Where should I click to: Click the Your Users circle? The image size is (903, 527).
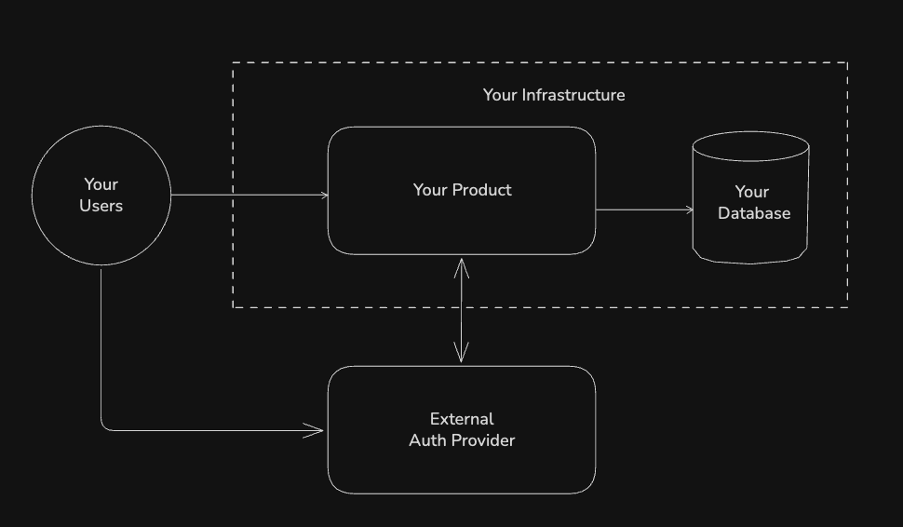click(101, 195)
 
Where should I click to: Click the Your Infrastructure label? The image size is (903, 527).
click(554, 95)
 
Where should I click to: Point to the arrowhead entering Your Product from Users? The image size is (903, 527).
click(325, 196)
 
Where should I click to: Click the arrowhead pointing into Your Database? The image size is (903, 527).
click(690, 209)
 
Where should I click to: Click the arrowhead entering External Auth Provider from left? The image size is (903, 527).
click(318, 430)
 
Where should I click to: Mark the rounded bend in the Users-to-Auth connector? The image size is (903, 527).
click(104, 427)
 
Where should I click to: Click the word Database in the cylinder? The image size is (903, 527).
click(754, 213)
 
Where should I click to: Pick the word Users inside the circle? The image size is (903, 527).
click(101, 206)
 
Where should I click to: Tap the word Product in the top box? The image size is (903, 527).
click(482, 190)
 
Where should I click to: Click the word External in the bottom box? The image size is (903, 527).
click(462, 419)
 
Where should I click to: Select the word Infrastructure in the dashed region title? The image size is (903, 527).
click(573, 95)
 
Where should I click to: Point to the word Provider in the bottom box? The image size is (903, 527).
click(484, 440)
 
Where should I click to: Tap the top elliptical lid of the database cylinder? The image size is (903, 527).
click(750, 147)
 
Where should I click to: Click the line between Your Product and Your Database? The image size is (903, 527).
click(642, 209)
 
